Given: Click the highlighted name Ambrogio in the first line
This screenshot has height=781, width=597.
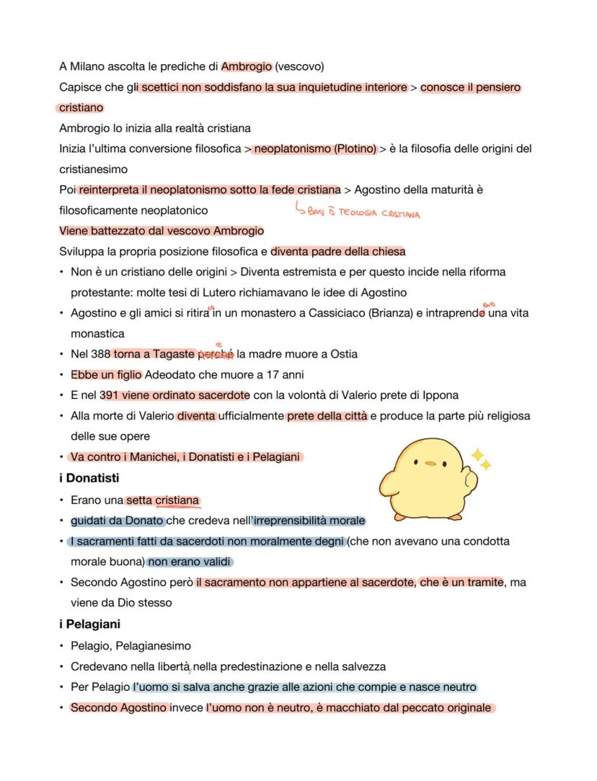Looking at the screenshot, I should (x=246, y=67).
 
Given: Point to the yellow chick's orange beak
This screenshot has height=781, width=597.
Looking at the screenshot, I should (x=430, y=464).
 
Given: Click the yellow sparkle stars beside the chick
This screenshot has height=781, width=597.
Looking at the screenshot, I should (x=480, y=459).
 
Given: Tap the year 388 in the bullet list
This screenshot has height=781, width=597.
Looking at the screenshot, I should (x=101, y=354).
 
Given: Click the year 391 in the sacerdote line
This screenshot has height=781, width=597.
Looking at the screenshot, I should (x=110, y=395).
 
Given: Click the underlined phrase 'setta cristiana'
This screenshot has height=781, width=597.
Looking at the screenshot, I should (x=162, y=500).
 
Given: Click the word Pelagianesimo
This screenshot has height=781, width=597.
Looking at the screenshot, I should (x=155, y=645).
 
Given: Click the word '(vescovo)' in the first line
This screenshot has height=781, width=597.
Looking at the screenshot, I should (x=299, y=67).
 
